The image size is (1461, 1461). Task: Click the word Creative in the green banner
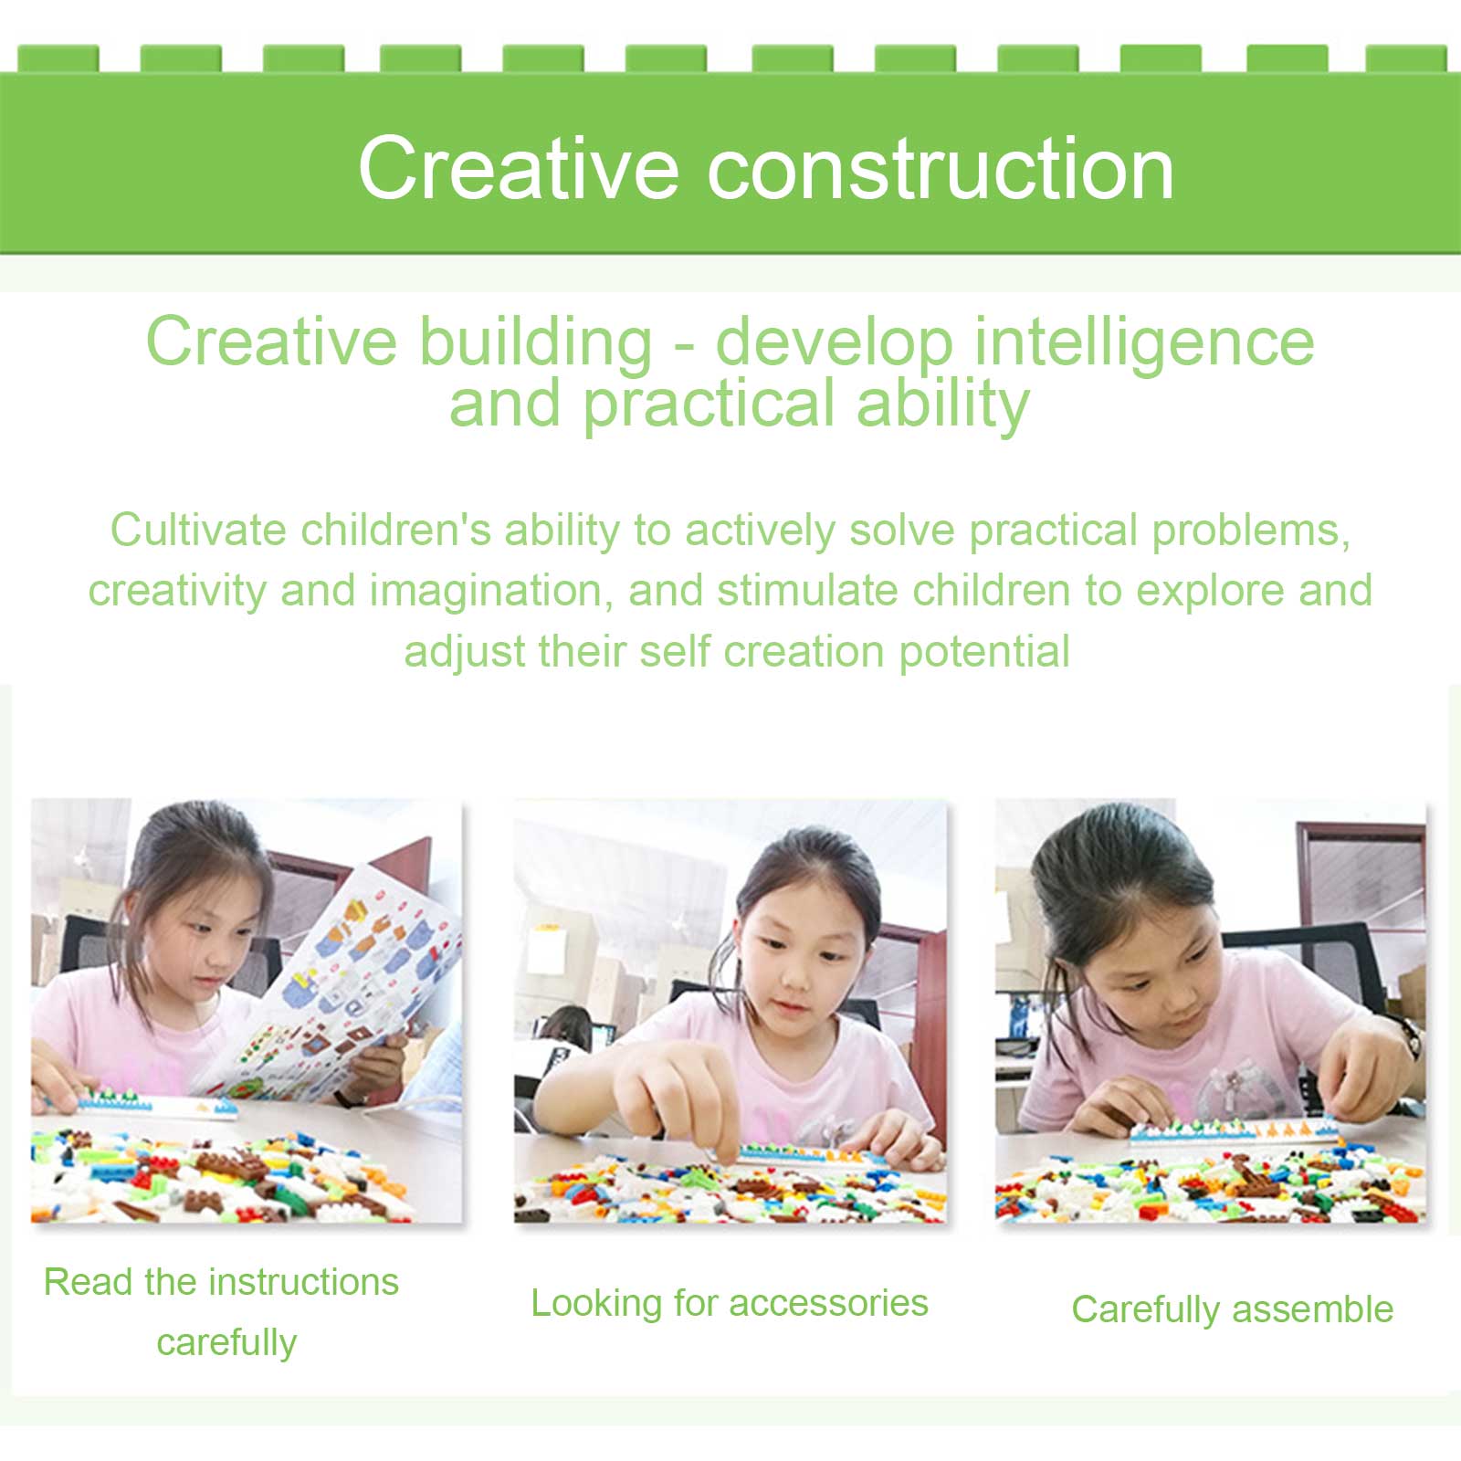click(518, 167)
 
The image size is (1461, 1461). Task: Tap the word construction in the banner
click(941, 169)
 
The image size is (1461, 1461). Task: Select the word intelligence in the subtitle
click(1144, 343)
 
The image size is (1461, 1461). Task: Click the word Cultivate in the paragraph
click(198, 530)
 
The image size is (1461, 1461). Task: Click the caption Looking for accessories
click(730, 1303)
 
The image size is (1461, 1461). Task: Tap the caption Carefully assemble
click(1233, 1309)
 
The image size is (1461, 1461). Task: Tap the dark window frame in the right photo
click(1361, 877)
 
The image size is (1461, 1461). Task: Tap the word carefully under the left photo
click(226, 1343)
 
